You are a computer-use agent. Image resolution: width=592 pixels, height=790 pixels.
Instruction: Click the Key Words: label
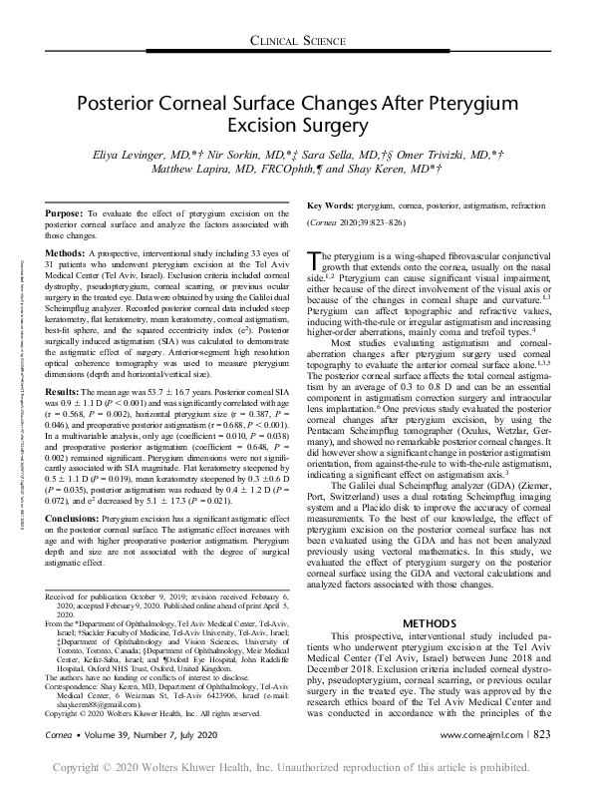click(x=333, y=204)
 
